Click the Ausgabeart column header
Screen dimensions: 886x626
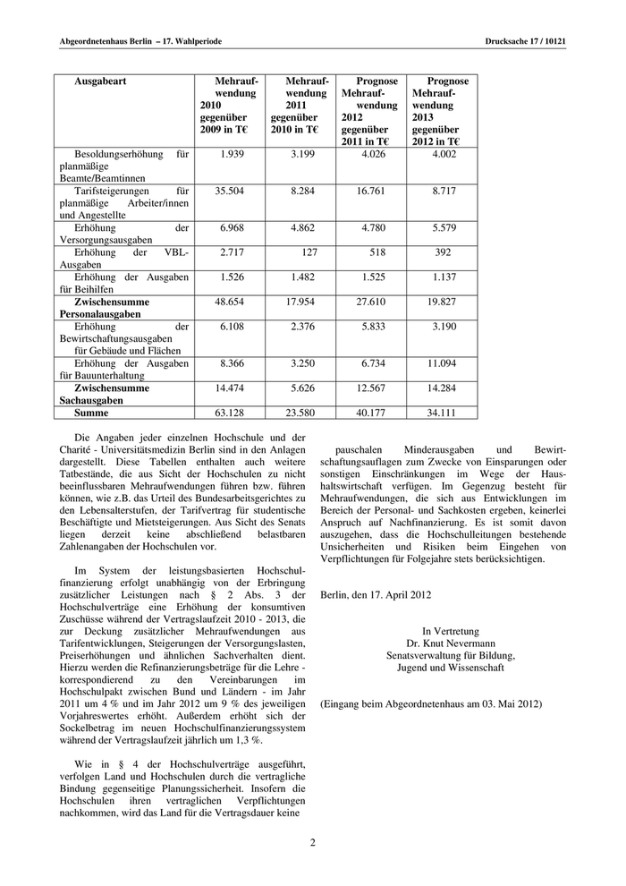(101, 81)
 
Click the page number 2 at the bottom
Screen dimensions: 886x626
(313, 843)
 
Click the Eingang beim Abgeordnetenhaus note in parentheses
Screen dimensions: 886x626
(431, 705)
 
